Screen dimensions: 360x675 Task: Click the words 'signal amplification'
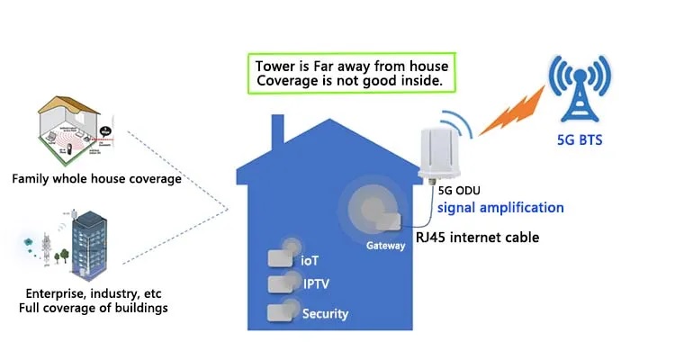500,208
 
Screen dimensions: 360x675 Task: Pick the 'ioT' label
310,259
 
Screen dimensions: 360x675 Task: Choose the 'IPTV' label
315,284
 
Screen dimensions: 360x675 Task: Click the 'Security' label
325,314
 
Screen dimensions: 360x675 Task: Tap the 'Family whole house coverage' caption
96,178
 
